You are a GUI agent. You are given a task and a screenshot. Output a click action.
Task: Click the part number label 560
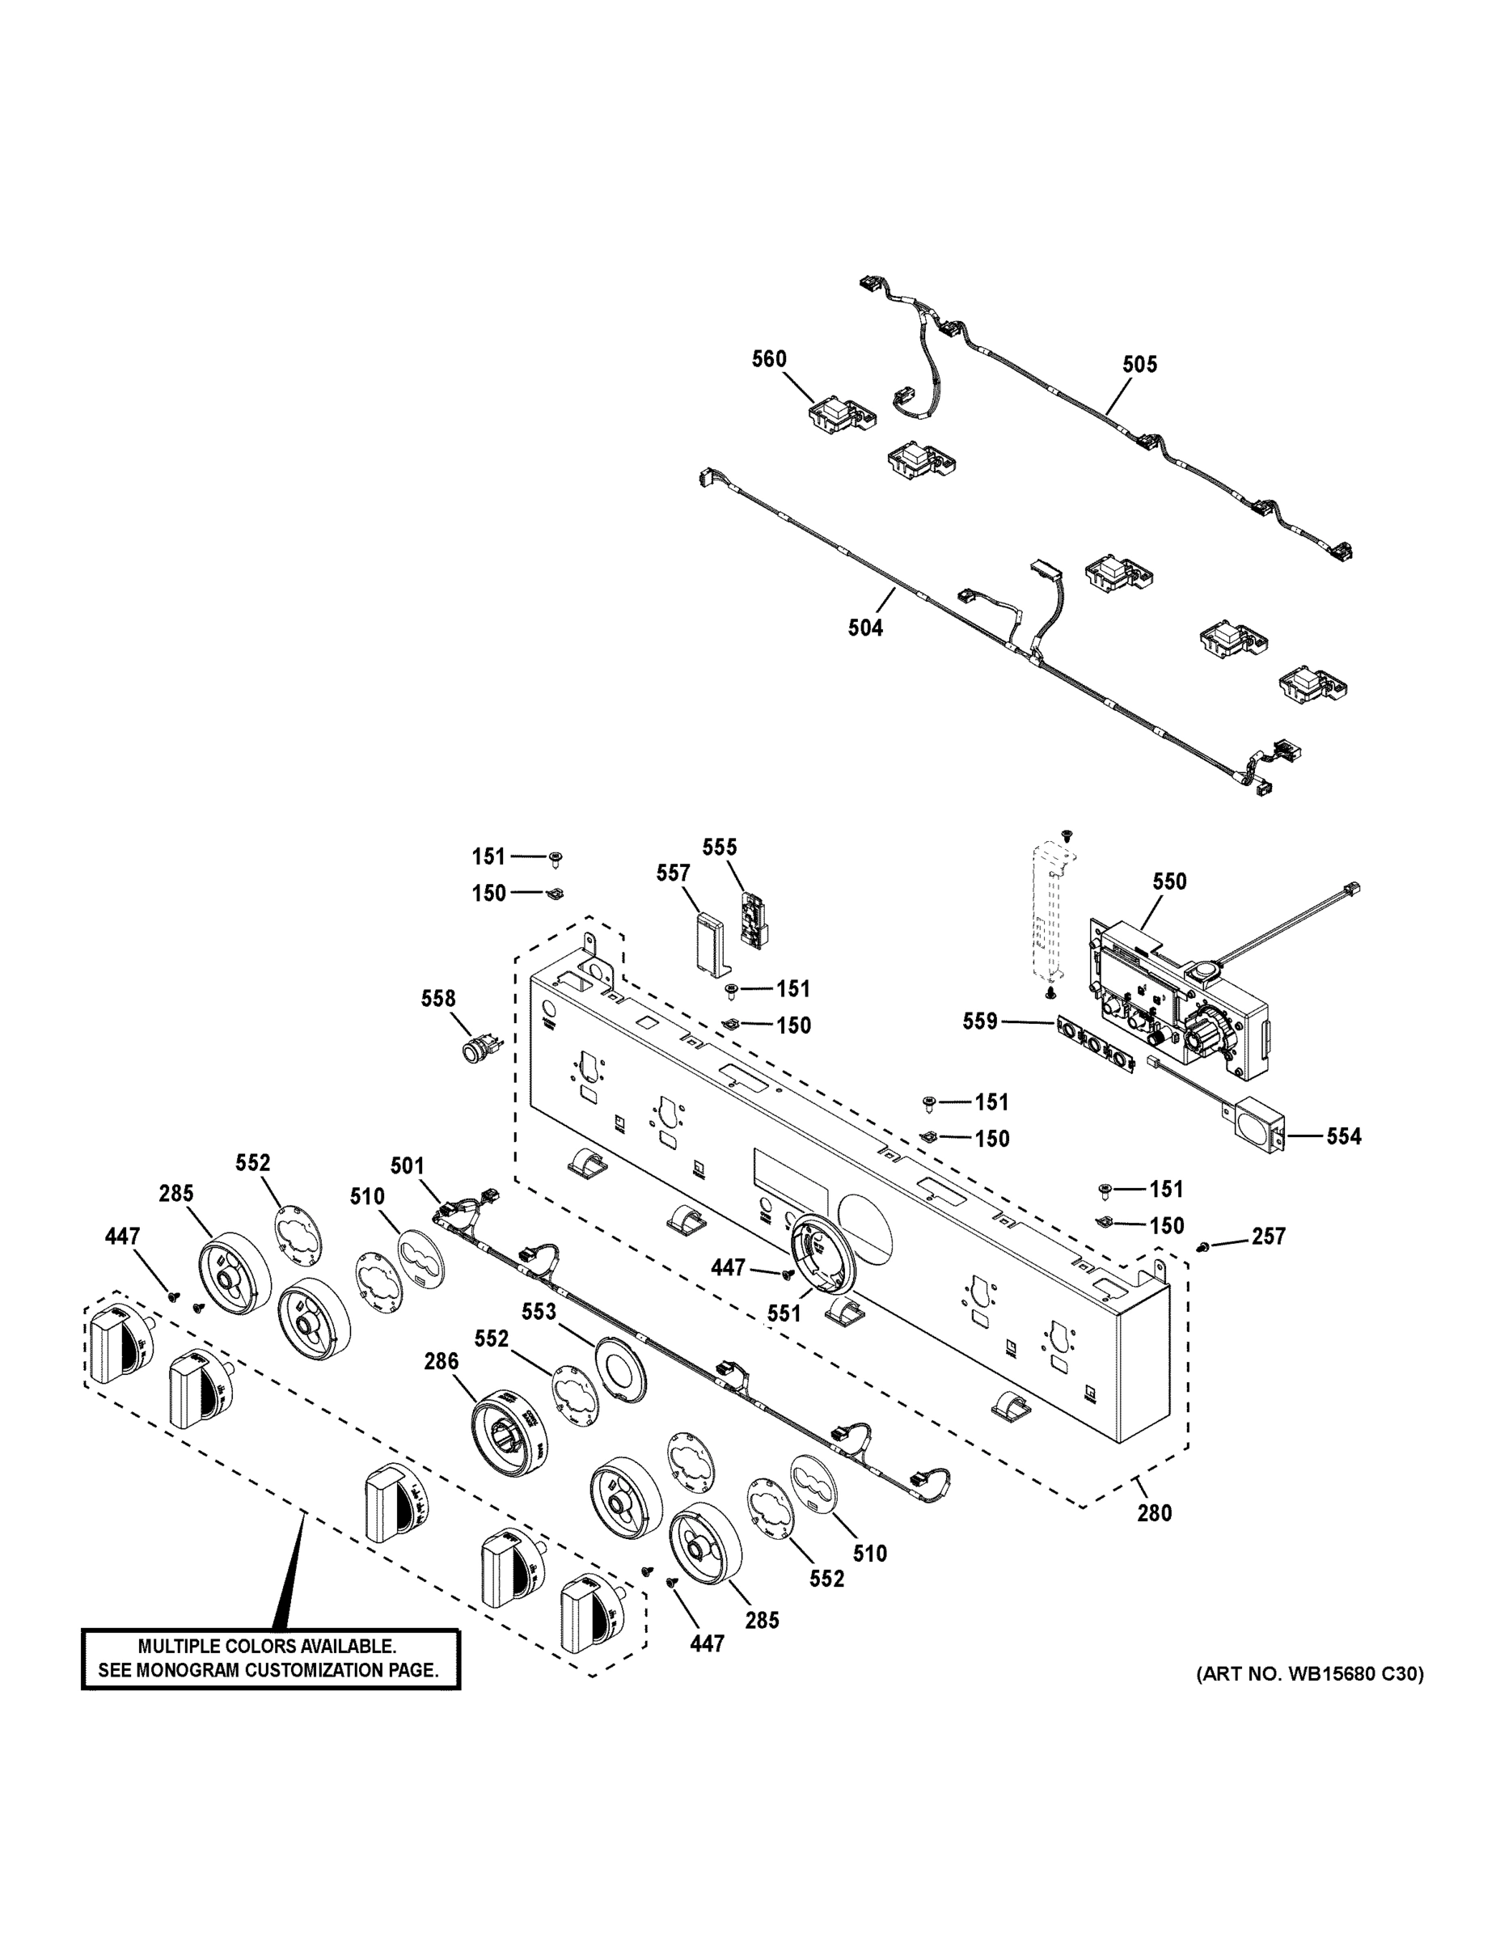(x=769, y=359)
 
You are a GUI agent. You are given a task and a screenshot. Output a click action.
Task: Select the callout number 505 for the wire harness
(x=1139, y=365)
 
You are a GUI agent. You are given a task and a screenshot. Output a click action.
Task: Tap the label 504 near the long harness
(x=864, y=628)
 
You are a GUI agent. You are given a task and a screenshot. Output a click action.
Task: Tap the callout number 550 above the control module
(x=1169, y=882)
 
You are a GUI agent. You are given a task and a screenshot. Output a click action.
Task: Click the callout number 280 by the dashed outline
(x=1153, y=1512)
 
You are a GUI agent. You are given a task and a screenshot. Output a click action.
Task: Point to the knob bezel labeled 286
(x=509, y=1430)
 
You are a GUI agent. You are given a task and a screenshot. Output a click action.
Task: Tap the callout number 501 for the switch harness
(x=408, y=1165)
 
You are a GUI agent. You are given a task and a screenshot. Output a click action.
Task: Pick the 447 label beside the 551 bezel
(x=728, y=1268)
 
